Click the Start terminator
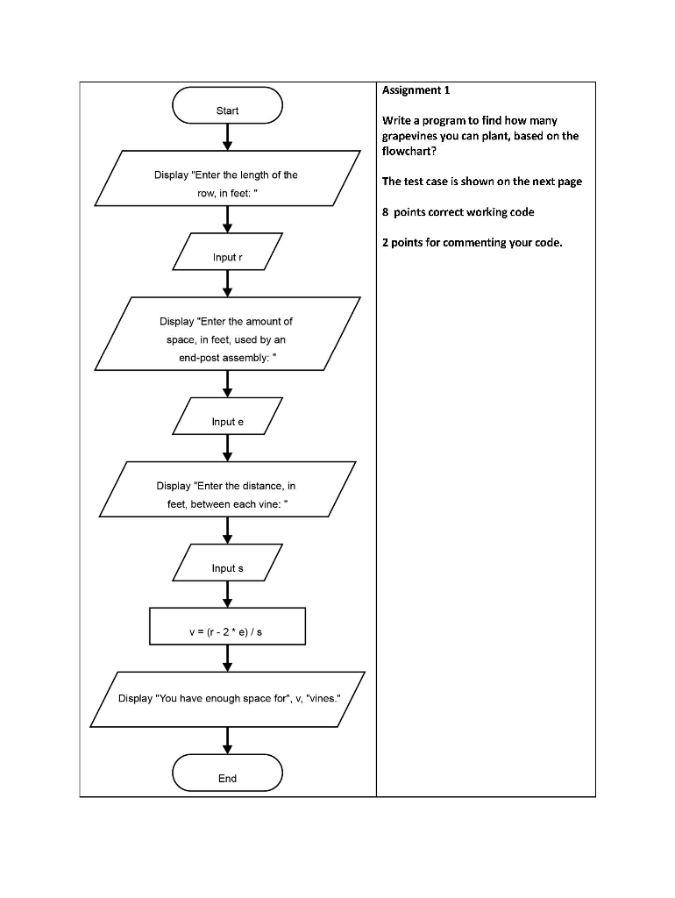pyautogui.click(x=227, y=110)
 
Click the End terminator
pyautogui.click(x=227, y=778)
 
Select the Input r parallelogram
pyautogui.click(x=227, y=257)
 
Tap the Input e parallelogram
pyautogui.click(x=227, y=422)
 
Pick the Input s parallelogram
pyautogui.click(x=227, y=568)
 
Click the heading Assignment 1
pyautogui.click(x=416, y=90)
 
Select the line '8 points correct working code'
pyautogui.click(x=458, y=212)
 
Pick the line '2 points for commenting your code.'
pyautogui.click(x=472, y=242)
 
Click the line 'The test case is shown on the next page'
pyautogui.click(x=481, y=182)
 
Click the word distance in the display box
pyautogui.click(x=261, y=486)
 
